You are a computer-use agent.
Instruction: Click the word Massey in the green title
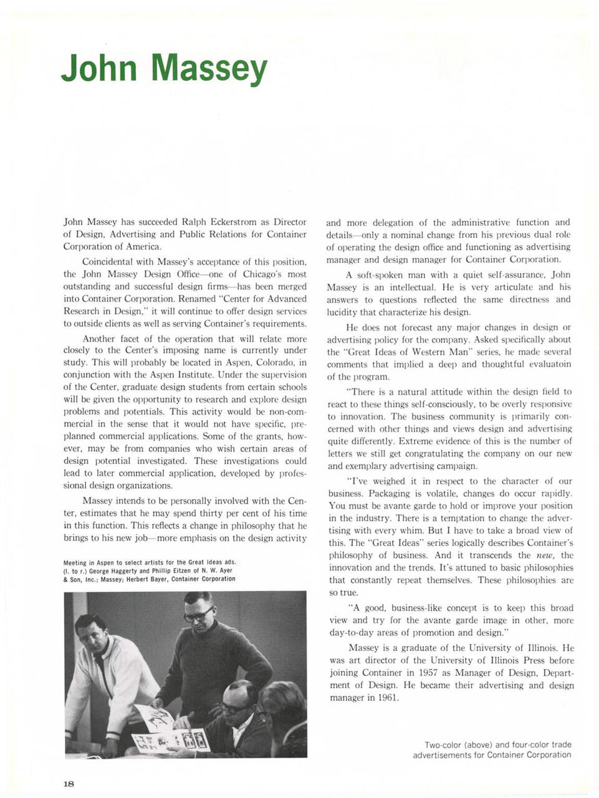(209, 69)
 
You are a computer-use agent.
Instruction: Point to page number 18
(69, 783)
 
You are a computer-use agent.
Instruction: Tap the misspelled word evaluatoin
(549, 364)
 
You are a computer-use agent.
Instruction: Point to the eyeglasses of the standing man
(198, 615)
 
